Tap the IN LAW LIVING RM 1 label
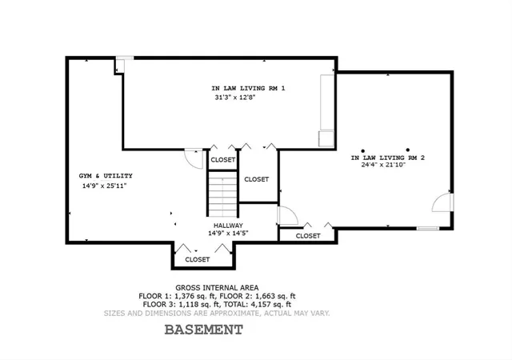248,87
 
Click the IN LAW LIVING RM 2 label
387,158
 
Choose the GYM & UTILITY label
106,175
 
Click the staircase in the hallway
223,195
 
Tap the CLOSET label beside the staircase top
223,159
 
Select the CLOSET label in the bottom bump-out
198,259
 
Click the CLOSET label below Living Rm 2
308,236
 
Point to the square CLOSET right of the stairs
256,178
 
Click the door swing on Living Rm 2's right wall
443,203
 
